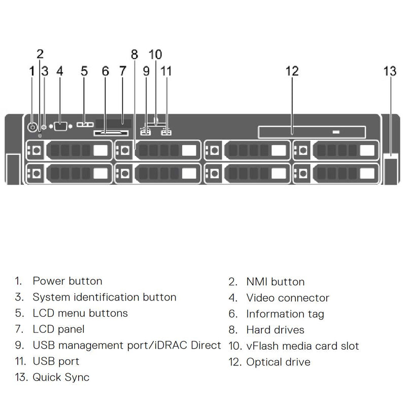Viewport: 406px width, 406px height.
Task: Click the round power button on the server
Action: coord(33,127)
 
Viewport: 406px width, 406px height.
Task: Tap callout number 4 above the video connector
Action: coord(60,71)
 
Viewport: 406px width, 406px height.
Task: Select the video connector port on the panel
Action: coord(61,126)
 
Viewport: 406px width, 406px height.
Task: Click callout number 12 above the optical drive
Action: coord(292,71)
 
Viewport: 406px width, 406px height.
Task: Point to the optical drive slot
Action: coord(311,132)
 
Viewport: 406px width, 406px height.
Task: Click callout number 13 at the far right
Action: coord(390,71)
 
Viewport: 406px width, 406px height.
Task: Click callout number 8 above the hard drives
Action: coord(134,54)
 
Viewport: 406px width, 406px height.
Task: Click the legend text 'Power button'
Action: coord(67,281)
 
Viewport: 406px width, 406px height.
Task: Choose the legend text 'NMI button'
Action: coord(275,282)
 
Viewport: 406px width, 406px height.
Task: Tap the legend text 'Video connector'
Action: coord(288,298)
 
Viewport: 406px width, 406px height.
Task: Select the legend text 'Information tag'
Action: coord(285,314)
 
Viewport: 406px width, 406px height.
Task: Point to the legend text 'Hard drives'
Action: coord(275,330)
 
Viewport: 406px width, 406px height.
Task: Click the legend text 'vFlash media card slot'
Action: coord(302,346)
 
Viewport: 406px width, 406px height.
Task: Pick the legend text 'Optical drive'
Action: coord(278,362)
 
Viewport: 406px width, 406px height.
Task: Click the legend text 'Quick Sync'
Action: coord(61,377)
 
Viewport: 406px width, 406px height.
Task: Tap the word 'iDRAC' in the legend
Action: coord(176,346)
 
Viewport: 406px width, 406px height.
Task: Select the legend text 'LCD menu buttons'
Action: coord(80,313)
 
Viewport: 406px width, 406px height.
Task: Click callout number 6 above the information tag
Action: coord(105,71)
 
